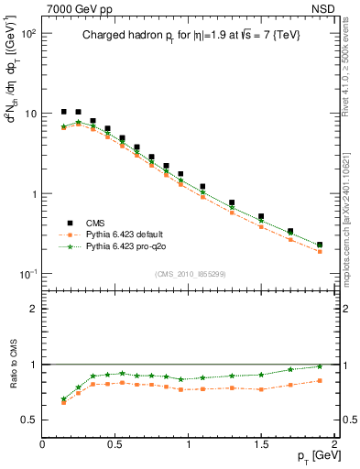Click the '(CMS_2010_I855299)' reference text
190,273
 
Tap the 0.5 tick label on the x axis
115,444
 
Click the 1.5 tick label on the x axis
262,444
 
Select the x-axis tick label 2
335,444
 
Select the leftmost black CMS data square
63,112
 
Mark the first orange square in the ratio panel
63,402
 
